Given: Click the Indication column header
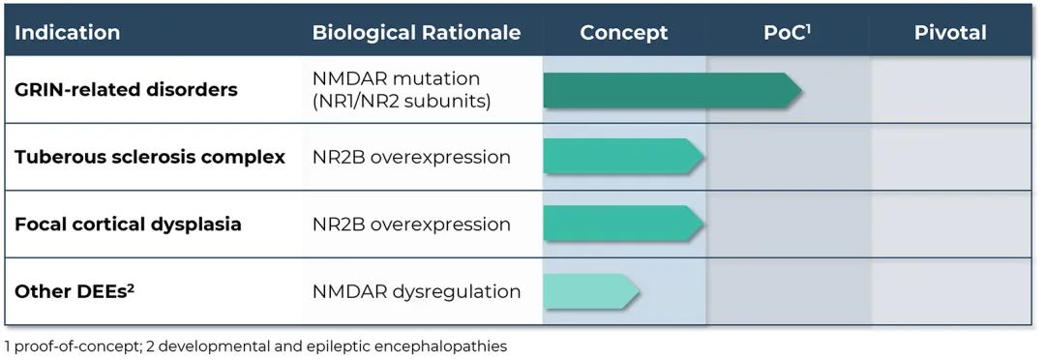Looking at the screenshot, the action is pos(68,33).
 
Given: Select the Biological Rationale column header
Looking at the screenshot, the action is pos(416,33).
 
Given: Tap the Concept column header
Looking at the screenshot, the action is pos(624,33).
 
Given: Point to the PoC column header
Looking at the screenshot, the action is pos(787,33).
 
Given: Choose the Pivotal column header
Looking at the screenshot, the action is pos(950,33).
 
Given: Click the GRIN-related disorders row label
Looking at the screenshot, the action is pos(126,89).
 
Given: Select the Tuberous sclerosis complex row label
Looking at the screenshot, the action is pos(150,158).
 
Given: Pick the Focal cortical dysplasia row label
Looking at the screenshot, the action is pos(128,224).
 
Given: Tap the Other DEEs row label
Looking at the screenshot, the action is pos(75,291).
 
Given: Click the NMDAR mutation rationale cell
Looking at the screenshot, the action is pos(402,89).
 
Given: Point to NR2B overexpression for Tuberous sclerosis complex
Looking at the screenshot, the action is pos(411,158).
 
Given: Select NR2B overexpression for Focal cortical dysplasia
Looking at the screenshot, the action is pos(411,224).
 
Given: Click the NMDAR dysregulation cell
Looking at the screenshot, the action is pos(416,291).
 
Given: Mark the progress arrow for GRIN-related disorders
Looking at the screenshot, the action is pos(672,90).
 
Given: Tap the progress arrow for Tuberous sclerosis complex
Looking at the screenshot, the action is pos(624,157).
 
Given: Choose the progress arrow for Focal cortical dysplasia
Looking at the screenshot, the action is pos(624,224).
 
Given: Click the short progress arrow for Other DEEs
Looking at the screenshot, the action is pos(592,291).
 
